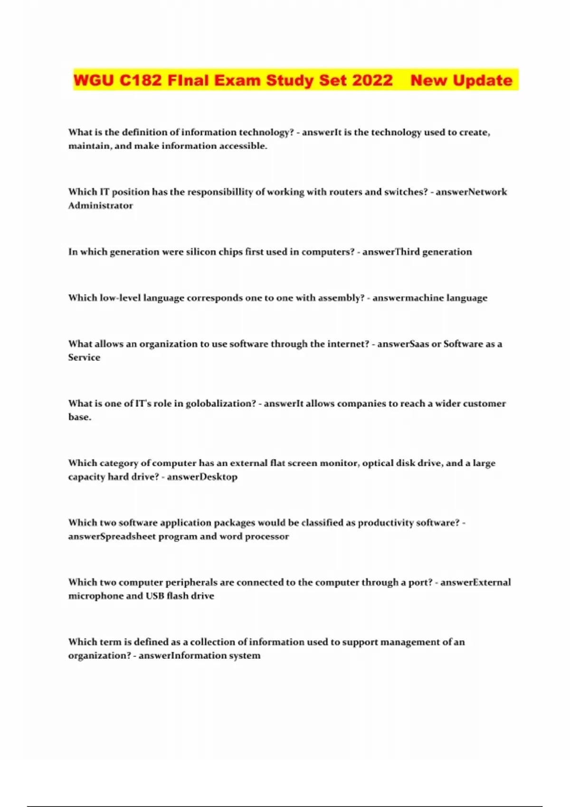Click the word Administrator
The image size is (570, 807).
(100, 206)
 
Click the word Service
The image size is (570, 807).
(84, 357)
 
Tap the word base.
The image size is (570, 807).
(79, 417)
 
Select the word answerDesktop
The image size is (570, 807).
(202, 477)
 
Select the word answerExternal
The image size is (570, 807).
(475, 582)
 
